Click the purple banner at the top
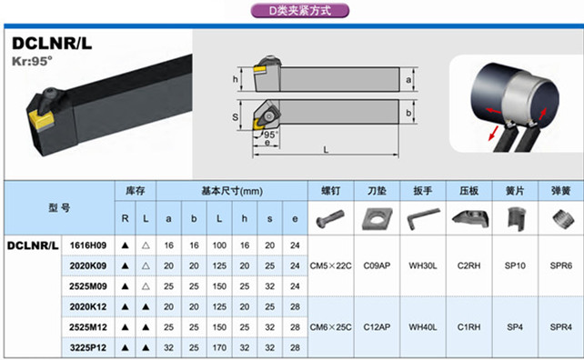point(300,10)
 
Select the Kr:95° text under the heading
point(32,61)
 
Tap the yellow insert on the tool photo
point(41,119)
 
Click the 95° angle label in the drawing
point(271,135)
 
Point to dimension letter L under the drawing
point(326,149)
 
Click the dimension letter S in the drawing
point(235,117)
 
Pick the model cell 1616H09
point(88,245)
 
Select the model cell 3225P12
point(88,347)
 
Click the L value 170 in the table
point(219,347)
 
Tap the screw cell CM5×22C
point(330,265)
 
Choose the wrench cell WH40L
point(423,327)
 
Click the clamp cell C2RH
point(468,265)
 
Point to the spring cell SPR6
point(561,265)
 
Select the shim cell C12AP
point(377,327)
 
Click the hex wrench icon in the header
point(422,218)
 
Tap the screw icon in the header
point(330,219)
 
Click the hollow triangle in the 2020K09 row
point(146,265)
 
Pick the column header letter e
point(295,219)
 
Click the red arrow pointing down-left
point(493,134)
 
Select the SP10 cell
point(515,265)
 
